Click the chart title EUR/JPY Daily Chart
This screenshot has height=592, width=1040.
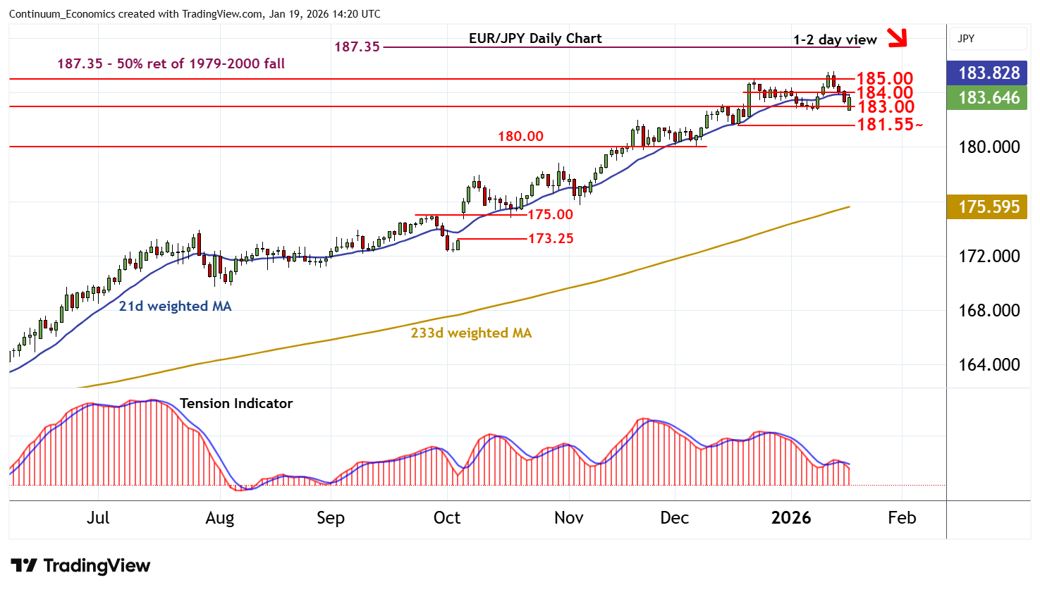click(535, 39)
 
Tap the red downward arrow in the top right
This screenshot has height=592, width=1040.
click(897, 37)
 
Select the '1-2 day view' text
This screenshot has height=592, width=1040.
click(835, 39)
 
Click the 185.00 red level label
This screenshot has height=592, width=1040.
click(884, 78)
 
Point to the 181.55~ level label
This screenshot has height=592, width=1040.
click(889, 125)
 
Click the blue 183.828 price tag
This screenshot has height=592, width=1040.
click(989, 73)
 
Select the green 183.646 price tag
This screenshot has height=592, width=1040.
click(989, 97)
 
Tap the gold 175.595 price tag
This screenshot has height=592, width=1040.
click(989, 206)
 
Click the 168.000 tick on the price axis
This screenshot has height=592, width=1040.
click(989, 310)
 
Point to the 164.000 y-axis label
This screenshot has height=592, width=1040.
click(989, 364)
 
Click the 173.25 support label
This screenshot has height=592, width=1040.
click(551, 238)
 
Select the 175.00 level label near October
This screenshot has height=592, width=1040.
click(551, 214)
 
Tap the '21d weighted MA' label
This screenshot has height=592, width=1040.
click(175, 306)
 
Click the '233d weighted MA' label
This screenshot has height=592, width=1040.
click(471, 333)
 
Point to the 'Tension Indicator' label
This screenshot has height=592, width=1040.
click(235, 403)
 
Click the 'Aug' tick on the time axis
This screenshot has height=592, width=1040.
click(219, 518)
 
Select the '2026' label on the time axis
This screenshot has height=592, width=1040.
click(791, 518)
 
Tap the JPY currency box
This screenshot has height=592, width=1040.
click(988, 39)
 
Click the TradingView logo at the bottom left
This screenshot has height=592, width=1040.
click(80, 566)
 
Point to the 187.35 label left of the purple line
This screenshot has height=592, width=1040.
click(357, 47)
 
